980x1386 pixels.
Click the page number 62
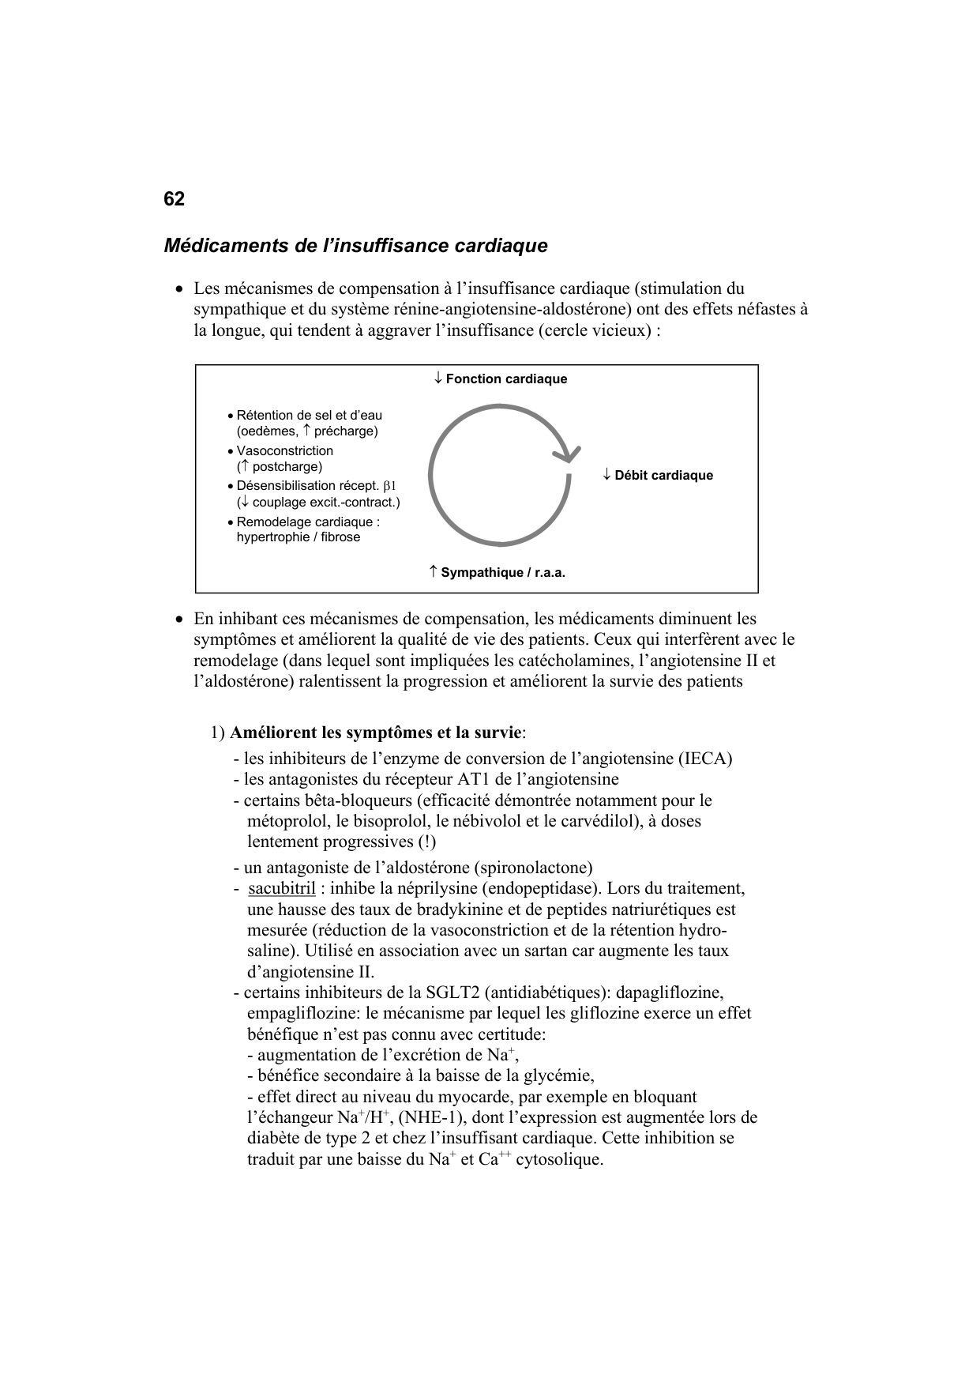click(174, 199)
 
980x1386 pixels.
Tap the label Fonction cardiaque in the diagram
click(505, 379)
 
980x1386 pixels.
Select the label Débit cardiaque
click(663, 476)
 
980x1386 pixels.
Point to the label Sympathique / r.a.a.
click(502, 573)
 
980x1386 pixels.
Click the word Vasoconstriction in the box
click(284, 451)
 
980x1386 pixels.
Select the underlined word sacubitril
click(282, 889)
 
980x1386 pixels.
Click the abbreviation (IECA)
click(705, 759)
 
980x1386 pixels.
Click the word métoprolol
click(286, 822)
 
